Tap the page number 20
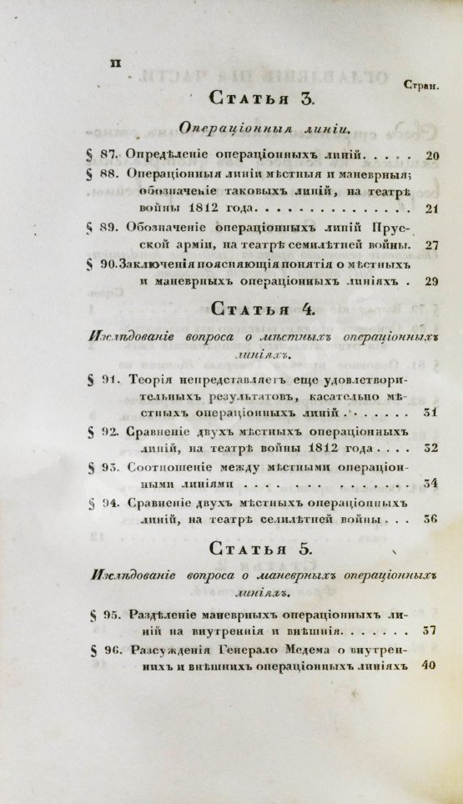432,155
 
